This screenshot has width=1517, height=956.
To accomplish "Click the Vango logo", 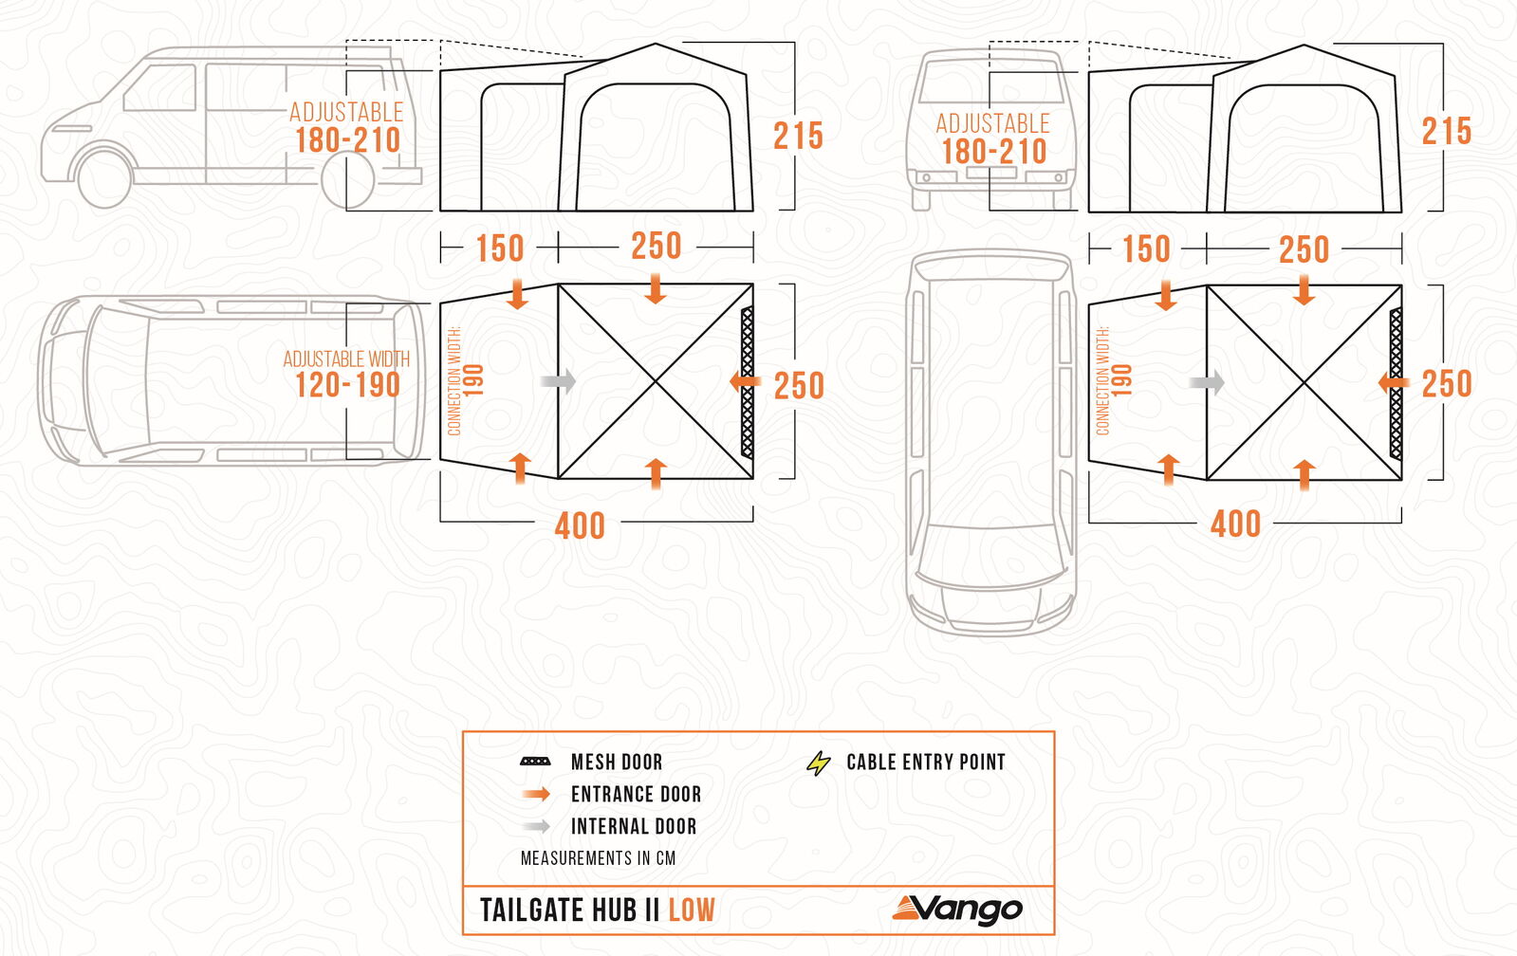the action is tap(957, 910).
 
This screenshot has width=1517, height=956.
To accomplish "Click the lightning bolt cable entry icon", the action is tap(818, 763).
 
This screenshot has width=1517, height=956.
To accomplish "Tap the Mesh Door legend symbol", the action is tap(535, 762).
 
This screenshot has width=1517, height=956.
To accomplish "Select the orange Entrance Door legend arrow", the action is tap(536, 794).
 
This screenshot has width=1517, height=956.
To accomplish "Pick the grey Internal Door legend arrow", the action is tap(536, 826).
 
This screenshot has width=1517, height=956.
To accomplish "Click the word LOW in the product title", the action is tap(692, 910).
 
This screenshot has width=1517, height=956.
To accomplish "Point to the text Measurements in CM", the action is tap(598, 858).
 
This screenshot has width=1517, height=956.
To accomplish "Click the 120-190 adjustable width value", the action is tap(347, 385).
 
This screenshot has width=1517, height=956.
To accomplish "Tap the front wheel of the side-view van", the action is tap(104, 178).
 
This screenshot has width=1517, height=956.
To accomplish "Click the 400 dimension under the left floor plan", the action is tap(580, 526).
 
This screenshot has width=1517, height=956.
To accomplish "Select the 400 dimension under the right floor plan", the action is tap(1235, 524).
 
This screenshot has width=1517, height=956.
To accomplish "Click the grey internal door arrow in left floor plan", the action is tap(558, 381).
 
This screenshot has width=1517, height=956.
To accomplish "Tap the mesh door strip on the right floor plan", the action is tap(1396, 382).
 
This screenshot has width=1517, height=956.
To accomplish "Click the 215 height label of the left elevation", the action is tap(799, 136).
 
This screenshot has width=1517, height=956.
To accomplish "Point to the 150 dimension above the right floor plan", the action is tap(1147, 249).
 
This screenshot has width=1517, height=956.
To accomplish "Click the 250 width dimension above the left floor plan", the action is tap(656, 246).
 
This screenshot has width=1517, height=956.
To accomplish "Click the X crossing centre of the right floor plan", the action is tap(1304, 382).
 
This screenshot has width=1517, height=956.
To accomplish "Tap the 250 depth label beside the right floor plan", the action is tap(1447, 384).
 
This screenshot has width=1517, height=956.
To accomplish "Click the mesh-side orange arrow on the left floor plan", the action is tap(745, 382).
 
